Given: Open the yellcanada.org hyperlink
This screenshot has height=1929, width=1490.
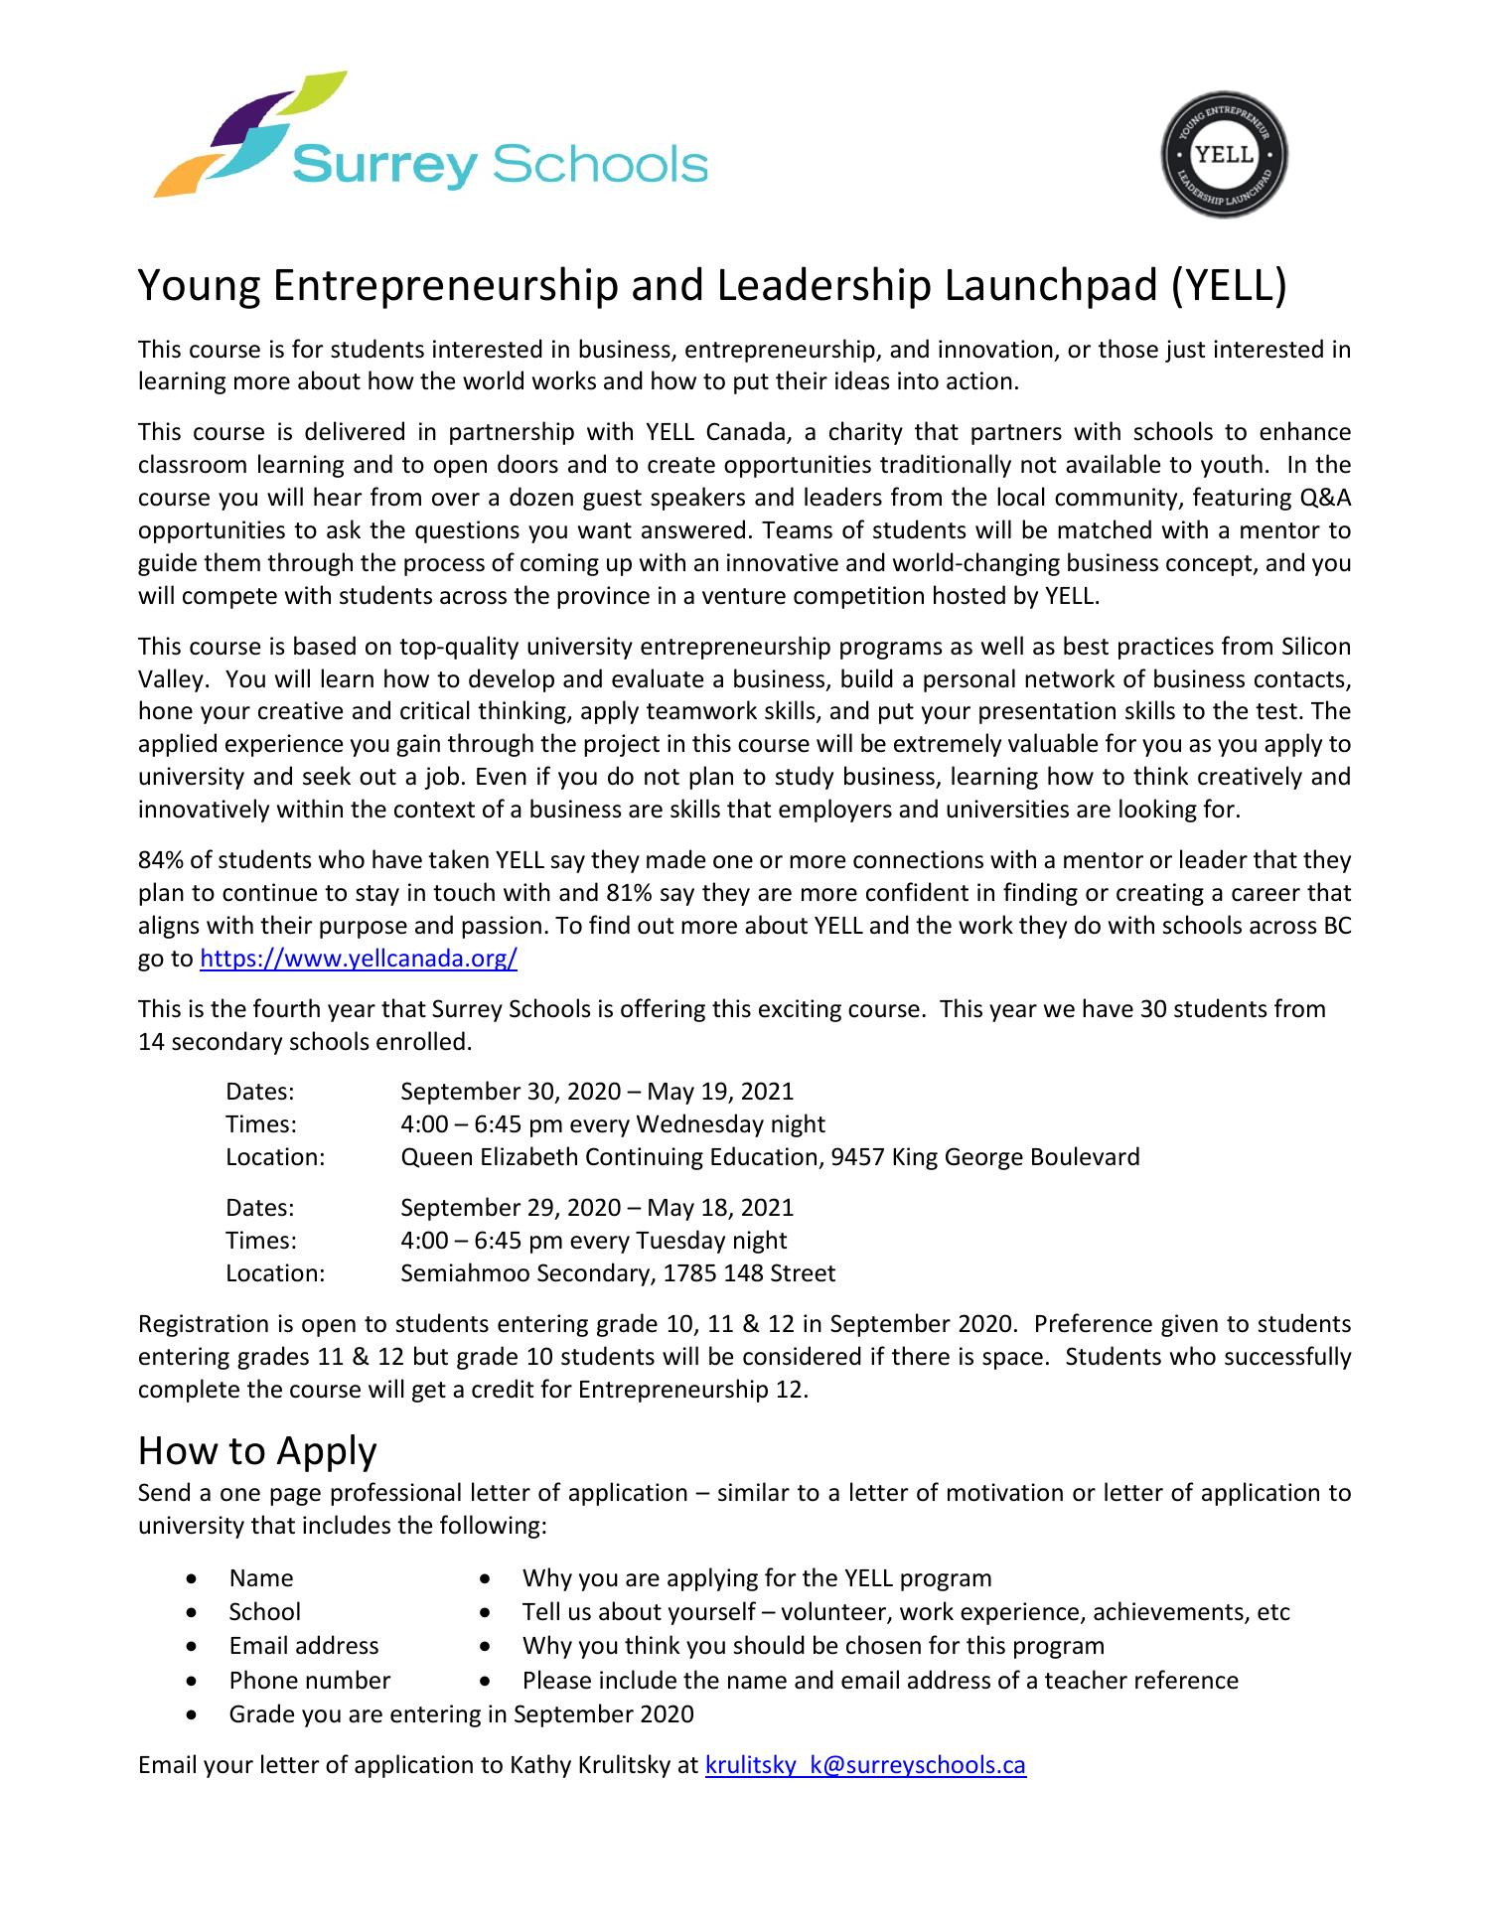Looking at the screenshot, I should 359,959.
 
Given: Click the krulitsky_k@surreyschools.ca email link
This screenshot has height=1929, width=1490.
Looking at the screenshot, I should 864,1764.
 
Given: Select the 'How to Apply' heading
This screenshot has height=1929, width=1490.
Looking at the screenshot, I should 257,1450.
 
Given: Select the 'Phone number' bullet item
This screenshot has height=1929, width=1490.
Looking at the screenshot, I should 309,1680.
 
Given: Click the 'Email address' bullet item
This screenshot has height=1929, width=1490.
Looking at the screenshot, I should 304,1646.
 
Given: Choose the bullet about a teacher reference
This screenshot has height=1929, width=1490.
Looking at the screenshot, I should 880,1680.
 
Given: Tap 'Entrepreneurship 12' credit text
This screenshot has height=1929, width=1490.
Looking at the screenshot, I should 690,1389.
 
